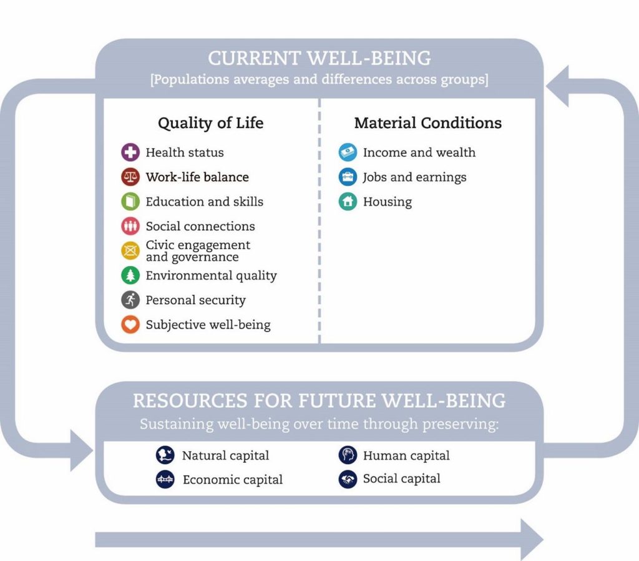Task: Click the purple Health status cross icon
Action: pos(130,152)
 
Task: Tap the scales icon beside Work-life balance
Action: pos(130,177)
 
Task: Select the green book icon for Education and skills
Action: pos(130,202)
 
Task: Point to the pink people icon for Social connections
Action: pos(130,226)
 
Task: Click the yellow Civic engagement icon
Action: pos(130,251)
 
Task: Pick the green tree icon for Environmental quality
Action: pos(130,276)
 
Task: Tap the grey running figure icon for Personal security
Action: pos(130,300)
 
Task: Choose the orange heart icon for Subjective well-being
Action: pos(130,324)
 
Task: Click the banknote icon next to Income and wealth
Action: pos(348,152)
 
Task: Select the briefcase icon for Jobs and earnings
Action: pos(348,177)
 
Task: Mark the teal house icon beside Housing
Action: pos(348,202)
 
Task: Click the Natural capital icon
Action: pos(165,455)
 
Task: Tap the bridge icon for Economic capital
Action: pos(165,479)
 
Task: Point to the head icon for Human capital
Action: pos(348,455)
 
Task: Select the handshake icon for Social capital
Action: pos(348,479)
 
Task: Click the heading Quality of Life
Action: pos(211,123)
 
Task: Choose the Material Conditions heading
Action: pos(428,123)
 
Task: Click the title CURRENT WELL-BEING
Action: pos(319,58)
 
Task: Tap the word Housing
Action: pos(388,202)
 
